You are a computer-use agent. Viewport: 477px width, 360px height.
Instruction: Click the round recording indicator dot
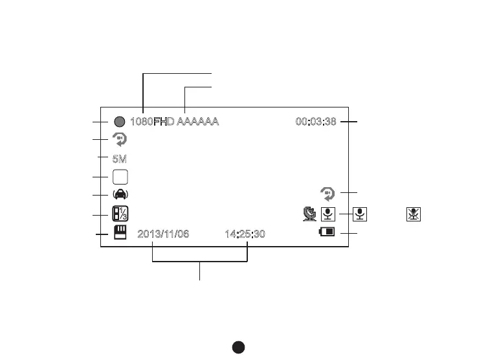(x=119, y=121)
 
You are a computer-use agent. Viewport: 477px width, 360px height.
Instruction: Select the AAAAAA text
(x=198, y=121)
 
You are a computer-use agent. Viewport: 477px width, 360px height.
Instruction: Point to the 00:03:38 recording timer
(x=315, y=121)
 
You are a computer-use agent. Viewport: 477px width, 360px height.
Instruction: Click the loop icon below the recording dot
(x=119, y=139)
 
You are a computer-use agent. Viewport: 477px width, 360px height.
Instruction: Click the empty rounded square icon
(x=120, y=176)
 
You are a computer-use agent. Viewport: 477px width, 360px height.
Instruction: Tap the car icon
(x=120, y=195)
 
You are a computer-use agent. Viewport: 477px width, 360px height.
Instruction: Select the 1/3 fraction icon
(x=120, y=214)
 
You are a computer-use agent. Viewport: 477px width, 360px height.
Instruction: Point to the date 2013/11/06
(x=164, y=234)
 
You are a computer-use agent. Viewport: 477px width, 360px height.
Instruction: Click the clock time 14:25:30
(x=245, y=234)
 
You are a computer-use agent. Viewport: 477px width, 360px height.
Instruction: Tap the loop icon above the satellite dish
(x=328, y=193)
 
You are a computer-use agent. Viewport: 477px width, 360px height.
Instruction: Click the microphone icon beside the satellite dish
(x=329, y=214)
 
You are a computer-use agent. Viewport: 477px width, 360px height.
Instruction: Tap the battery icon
(x=327, y=232)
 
